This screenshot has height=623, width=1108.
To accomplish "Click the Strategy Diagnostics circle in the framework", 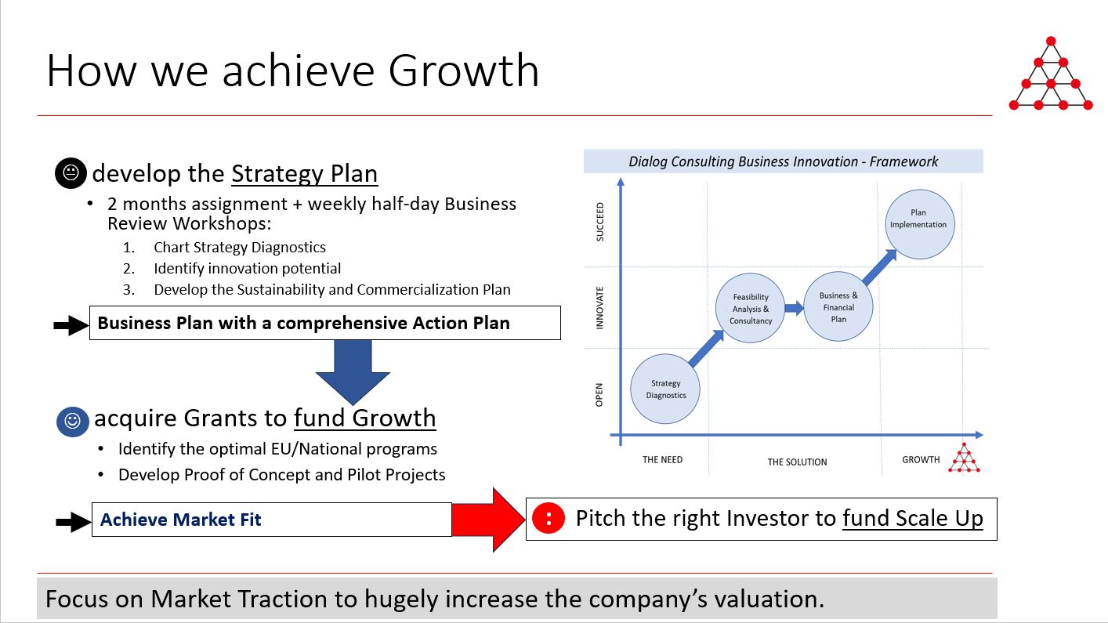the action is tap(664, 389).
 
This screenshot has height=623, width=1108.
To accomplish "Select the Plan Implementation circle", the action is tap(919, 224).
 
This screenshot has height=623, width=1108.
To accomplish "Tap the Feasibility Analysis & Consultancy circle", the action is tap(751, 308).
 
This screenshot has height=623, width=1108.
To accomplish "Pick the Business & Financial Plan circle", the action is tap(838, 307).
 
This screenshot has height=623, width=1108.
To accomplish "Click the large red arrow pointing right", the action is tap(489, 520).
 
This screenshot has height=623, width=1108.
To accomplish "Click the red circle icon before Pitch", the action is tap(548, 519).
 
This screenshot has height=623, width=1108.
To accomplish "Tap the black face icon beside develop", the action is tap(71, 172).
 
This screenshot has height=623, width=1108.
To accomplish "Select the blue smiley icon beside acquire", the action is tap(73, 422).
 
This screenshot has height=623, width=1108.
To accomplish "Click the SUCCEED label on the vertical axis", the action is tap(600, 222).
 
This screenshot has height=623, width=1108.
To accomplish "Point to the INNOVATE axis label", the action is tap(599, 307).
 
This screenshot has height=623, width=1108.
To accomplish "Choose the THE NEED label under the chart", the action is tap(662, 460).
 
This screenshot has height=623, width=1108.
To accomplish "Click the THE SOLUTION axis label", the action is tap(797, 462).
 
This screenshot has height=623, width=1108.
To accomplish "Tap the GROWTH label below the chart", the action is tap(921, 460).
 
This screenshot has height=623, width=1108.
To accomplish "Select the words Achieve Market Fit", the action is tap(180, 520).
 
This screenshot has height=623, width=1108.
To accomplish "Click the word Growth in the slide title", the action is tap(463, 71).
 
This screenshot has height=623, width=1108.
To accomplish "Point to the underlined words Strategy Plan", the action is tap(305, 174).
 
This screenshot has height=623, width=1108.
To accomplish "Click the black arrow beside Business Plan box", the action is tap(71, 325).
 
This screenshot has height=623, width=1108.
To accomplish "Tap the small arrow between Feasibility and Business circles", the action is tap(795, 308).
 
